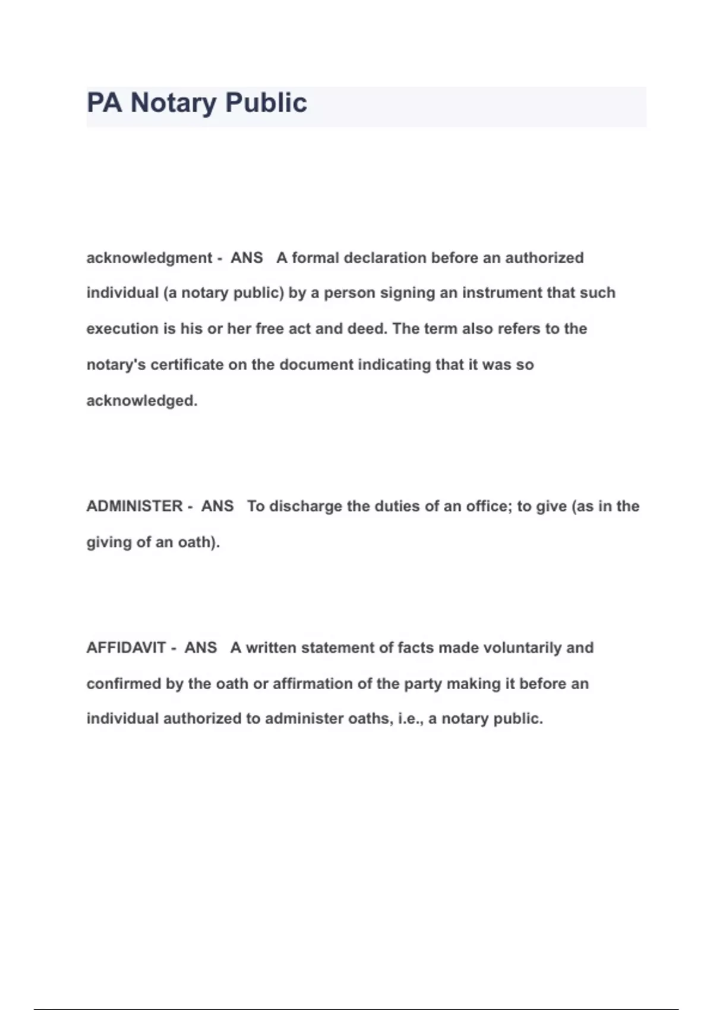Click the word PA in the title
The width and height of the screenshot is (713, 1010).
pos(105,103)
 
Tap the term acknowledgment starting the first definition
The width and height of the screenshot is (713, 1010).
pos(149,258)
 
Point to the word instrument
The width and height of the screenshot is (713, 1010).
pos(502,293)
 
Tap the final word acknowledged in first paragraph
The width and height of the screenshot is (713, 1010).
pos(141,400)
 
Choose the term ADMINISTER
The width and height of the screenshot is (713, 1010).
pos(134,506)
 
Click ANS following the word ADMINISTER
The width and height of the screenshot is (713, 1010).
pos(217,506)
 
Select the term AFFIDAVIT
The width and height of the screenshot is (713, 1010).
pos(126,648)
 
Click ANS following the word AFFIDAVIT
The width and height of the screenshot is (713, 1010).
pos(201,648)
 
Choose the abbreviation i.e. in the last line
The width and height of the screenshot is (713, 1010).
pos(410,719)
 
